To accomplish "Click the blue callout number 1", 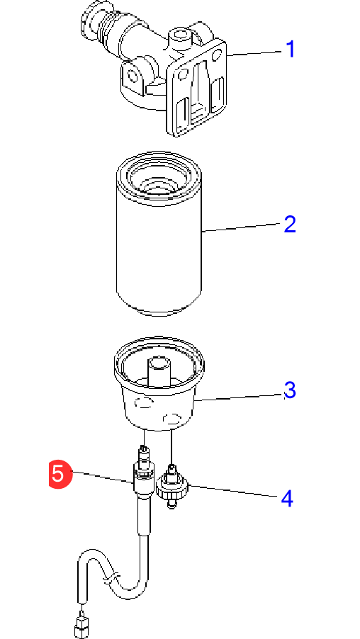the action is tap(291, 50).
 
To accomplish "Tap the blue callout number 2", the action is tap(290, 224).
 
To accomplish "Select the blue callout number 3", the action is tap(290, 390).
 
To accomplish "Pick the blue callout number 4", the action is tap(288, 499).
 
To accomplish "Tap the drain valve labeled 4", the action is tap(172, 486).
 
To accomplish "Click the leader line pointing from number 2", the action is tap(243, 227).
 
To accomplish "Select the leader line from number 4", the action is tap(235, 491).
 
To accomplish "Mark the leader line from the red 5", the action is tap(103, 477).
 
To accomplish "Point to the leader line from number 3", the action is tap(239, 397).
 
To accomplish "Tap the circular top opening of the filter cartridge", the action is tap(159, 176).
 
